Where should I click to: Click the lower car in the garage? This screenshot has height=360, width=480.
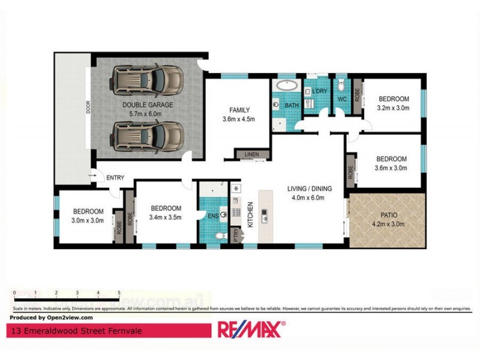(x=147, y=136)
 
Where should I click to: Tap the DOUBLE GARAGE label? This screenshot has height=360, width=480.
(x=148, y=104)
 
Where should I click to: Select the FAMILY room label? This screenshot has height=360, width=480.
(x=239, y=110)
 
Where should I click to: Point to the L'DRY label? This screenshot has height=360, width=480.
(x=319, y=91)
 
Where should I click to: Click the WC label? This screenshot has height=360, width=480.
(x=343, y=99)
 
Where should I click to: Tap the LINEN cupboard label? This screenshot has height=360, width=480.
(x=251, y=155)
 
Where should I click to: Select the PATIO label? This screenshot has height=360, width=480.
(x=389, y=215)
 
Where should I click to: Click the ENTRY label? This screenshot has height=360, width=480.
(x=115, y=178)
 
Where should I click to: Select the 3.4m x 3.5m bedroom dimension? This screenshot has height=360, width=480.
(x=165, y=217)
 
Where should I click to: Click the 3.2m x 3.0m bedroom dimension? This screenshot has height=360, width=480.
(x=394, y=108)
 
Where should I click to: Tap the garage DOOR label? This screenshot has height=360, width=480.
(x=88, y=107)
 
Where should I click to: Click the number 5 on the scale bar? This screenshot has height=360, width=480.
(x=119, y=293)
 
